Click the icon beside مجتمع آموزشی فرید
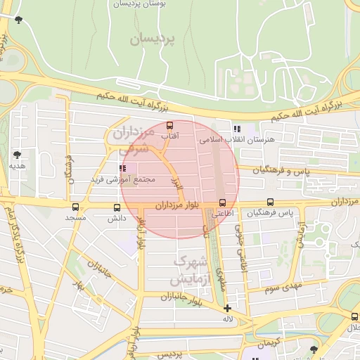click(x=123, y=169)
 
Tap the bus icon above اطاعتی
click(x=222, y=203)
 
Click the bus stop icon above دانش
click(x=117, y=207)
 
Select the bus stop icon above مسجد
click(x=75, y=207)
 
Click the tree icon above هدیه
click(x=17, y=154)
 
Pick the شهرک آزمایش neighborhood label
click(x=188, y=271)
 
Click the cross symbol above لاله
click(x=227, y=308)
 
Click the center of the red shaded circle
click(x=180, y=179)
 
